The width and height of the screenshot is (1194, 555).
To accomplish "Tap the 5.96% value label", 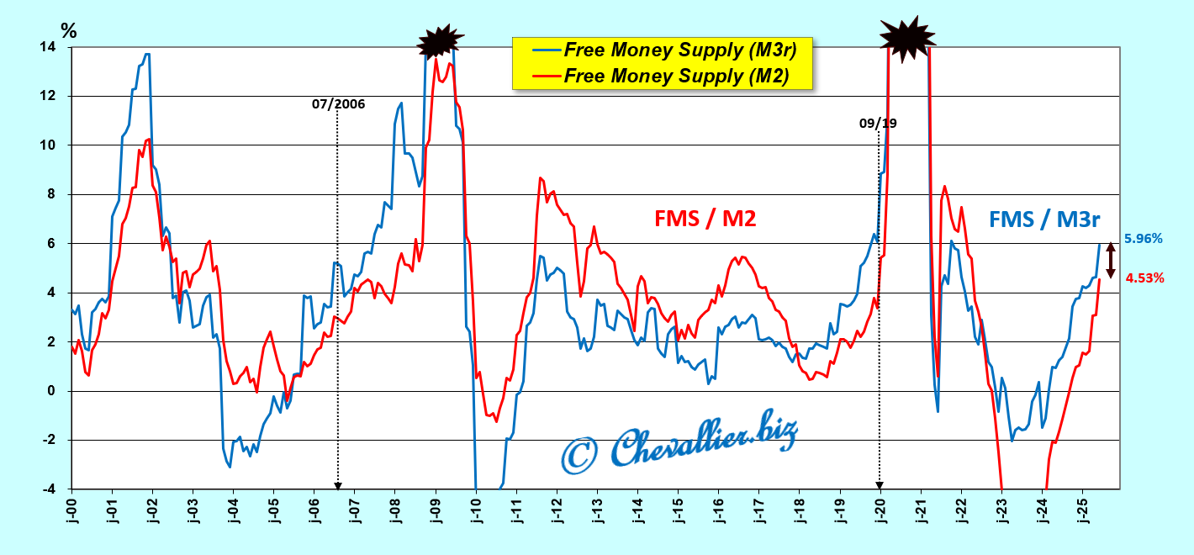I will pyautogui.click(x=1143, y=239).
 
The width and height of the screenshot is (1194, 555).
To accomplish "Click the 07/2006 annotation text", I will pyautogui.click(x=339, y=104).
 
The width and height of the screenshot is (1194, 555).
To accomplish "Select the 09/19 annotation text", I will pyautogui.click(x=878, y=123).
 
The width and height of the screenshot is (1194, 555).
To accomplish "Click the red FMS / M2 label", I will pyautogui.click(x=705, y=219).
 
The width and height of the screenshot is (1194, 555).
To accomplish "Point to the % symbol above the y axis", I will pyautogui.click(x=69, y=31).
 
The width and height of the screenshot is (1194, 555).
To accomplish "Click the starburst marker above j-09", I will pyautogui.click(x=441, y=40).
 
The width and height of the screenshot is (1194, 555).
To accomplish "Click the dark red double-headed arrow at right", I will pyautogui.click(x=1110, y=260).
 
